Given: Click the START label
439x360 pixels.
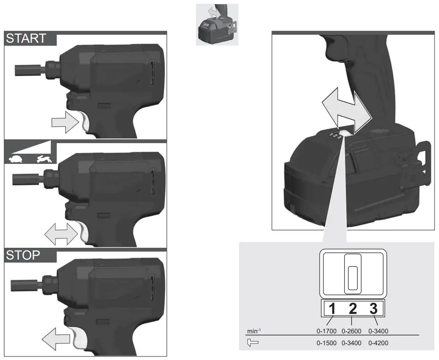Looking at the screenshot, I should pyautogui.click(x=26, y=39).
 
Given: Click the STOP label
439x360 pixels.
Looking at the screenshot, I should pyautogui.click(x=24, y=255).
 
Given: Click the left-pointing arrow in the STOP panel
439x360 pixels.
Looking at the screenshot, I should pyautogui.click(x=55, y=339).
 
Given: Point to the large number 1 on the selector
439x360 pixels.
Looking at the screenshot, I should pyautogui.click(x=332, y=309).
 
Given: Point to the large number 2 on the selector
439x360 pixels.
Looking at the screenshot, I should pyautogui.click(x=353, y=309).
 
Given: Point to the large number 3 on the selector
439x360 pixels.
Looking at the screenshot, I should pyautogui.click(x=373, y=309).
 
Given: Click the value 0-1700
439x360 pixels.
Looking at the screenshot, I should pyautogui.click(x=326, y=331).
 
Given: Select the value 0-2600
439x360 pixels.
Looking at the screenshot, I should pyautogui.click(x=352, y=331).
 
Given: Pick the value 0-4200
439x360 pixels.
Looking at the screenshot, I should pyautogui.click(x=378, y=343).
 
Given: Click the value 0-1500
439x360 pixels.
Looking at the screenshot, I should pyautogui.click(x=326, y=343).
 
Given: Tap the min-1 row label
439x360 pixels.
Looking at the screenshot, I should pyautogui.click(x=253, y=331).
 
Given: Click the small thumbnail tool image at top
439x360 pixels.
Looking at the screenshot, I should pyautogui.click(x=217, y=25).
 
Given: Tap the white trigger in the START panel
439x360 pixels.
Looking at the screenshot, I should pyautogui.click(x=86, y=122).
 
